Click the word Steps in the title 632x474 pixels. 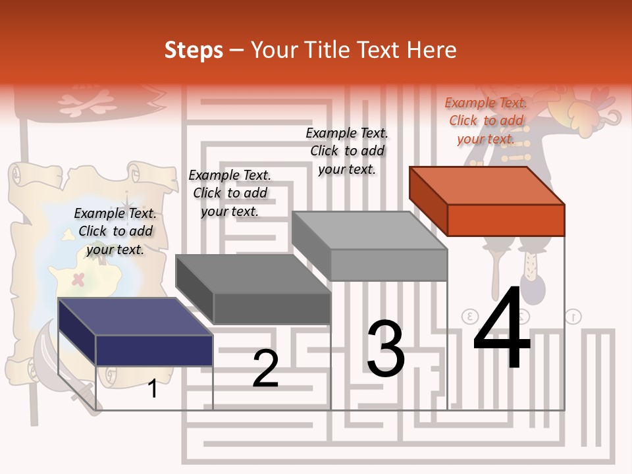(194, 50)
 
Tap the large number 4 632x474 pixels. (502, 330)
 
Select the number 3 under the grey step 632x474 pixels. (385, 349)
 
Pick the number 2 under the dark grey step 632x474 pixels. (265, 369)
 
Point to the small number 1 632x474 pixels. (153, 389)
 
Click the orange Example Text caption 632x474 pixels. (486, 120)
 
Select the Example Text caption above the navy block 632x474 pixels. (115, 231)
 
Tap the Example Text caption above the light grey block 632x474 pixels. (347, 151)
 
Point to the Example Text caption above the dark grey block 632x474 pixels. (230, 193)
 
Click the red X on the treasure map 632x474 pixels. (78, 279)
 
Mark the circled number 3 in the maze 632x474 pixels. (470, 316)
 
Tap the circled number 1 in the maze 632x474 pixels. (573, 317)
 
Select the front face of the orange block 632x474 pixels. (506, 220)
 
